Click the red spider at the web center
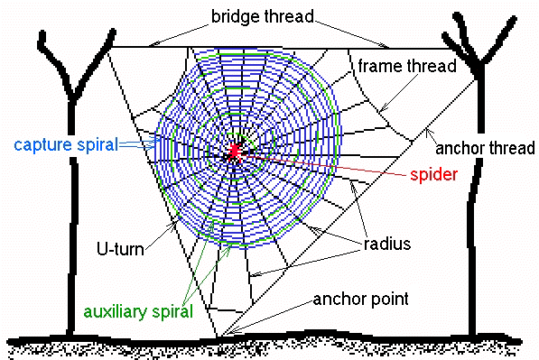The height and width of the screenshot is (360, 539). pos(235,151)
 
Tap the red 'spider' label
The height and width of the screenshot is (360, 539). pos(433,174)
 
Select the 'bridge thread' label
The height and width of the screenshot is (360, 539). pos(263,16)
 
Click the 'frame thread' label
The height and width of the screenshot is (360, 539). pos(407,66)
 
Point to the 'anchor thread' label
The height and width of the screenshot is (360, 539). pos(485,148)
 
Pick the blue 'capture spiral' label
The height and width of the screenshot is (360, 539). pos(66,144)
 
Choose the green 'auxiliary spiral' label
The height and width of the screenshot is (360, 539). pos(138,311)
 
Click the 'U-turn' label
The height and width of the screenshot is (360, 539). pos(120,249)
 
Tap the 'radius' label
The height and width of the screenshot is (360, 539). pos(387,245)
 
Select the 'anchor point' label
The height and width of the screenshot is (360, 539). pos(360,299)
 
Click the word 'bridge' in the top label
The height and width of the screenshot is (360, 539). pos(235,16)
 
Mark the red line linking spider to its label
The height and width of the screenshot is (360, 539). pos(323,165)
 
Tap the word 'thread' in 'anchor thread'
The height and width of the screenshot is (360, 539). pos(512,148)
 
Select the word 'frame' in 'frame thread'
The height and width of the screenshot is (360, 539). pos(380,66)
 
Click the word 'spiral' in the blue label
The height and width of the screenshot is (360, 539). pos(98,144)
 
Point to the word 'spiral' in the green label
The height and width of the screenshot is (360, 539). pos(172,311)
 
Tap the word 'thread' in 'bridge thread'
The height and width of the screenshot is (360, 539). pos(290,16)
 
